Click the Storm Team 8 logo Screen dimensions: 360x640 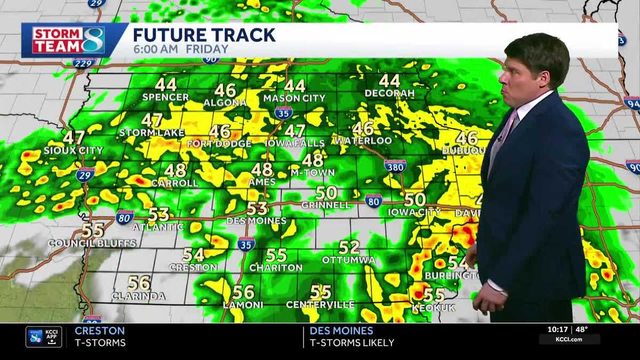pos(68,40)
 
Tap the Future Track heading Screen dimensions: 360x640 pos(204,35)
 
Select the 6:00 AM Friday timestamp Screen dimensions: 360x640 pos(180,49)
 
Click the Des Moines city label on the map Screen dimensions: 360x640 pos(256,220)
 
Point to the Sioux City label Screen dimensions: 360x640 pos(73,150)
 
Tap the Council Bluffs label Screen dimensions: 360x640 pos(92,243)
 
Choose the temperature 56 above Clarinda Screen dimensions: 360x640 pos(139,283)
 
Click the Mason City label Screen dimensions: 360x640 pos(294,98)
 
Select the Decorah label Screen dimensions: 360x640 pos(389,93)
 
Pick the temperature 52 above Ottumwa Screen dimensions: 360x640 pos(349,247)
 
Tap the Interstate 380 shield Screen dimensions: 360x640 pos(395,166)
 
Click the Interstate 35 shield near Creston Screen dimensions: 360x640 pos(246,244)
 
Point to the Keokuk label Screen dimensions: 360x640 pos(434,308)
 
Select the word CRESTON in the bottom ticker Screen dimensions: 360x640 pos(100,331)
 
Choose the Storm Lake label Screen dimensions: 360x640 pos(152,133)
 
